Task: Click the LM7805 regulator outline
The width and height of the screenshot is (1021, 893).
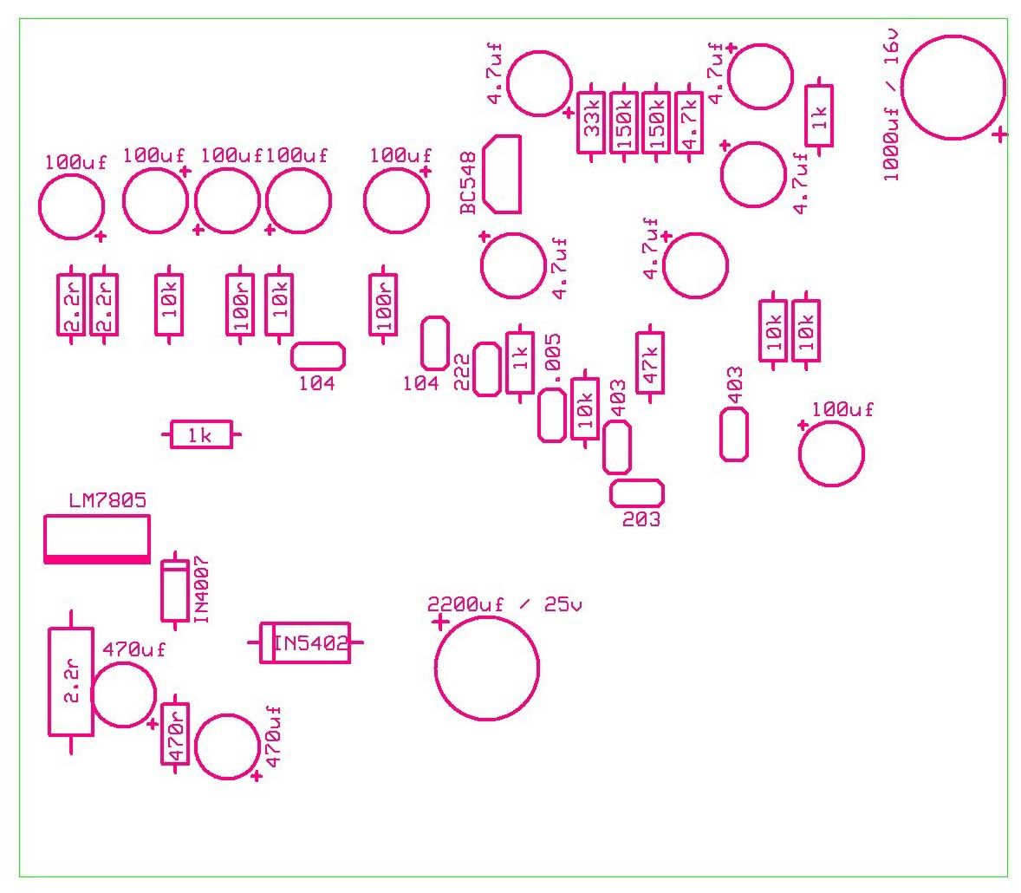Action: (x=97, y=539)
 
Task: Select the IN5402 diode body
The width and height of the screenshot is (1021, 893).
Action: (x=305, y=643)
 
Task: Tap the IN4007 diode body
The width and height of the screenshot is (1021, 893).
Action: (x=175, y=590)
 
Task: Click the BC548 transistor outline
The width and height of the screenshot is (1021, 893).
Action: (x=502, y=174)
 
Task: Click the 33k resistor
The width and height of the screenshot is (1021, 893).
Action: (x=591, y=122)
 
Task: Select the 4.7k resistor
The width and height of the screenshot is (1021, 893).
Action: (x=689, y=122)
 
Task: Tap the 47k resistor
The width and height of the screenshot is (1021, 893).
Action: (x=651, y=362)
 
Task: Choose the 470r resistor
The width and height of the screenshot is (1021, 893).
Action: (x=175, y=734)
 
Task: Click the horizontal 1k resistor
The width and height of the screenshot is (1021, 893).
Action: (x=201, y=434)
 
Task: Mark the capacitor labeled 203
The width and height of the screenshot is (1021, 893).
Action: (x=637, y=493)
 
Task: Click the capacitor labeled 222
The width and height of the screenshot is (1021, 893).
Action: (x=486, y=369)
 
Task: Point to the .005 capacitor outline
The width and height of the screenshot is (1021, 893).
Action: (x=551, y=415)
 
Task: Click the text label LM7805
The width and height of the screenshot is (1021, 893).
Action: (x=107, y=500)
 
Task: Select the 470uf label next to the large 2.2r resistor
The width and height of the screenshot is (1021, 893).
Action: (x=133, y=649)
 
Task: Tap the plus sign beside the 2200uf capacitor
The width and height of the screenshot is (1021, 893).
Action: (x=440, y=622)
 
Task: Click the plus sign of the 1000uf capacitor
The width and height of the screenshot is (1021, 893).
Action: (x=999, y=135)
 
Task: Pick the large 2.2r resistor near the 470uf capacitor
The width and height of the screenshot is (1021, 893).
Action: (x=71, y=682)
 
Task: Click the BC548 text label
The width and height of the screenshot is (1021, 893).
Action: (x=468, y=184)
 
